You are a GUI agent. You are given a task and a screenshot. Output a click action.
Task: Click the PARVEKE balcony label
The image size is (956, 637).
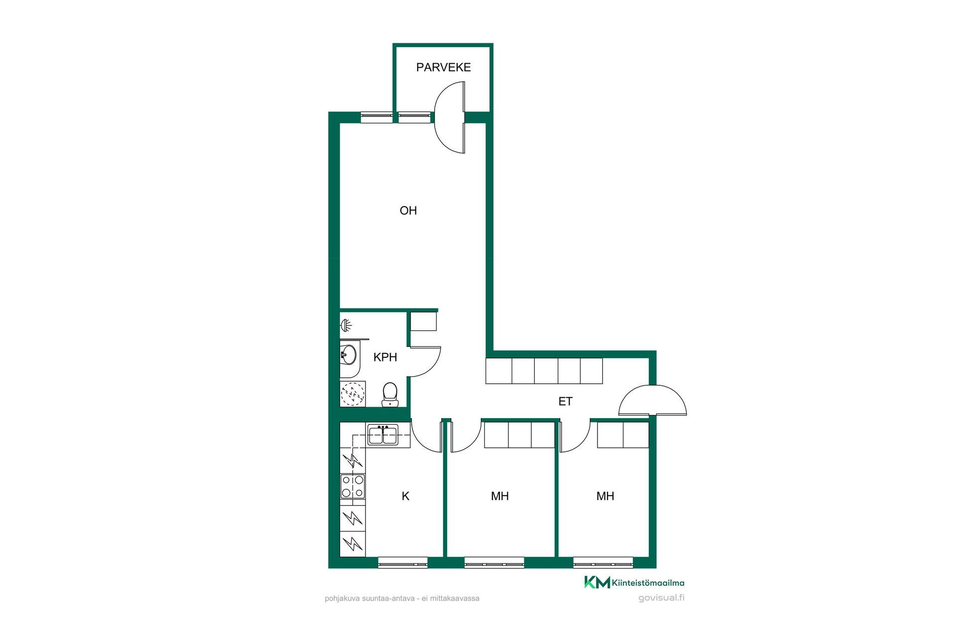click(x=443, y=67)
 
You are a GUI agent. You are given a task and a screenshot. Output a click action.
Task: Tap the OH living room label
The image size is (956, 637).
click(x=408, y=211)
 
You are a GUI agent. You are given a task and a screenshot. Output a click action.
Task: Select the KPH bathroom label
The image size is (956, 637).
click(x=385, y=357)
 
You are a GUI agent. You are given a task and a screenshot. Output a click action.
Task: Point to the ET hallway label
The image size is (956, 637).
click(x=565, y=401)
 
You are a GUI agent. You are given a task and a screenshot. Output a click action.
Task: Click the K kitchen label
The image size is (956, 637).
click(x=405, y=496)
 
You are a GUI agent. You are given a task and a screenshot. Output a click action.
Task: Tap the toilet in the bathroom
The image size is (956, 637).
click(x=390, y=395)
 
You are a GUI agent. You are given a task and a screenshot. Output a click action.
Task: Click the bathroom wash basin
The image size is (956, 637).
click(x=349, y=355)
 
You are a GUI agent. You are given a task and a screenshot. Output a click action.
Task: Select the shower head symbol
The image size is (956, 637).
click(x=346, y=325)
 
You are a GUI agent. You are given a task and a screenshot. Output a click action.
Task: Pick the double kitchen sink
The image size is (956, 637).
click(x=382, y=434)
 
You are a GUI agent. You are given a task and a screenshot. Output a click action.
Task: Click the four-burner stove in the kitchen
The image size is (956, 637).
click(x=353, y=486)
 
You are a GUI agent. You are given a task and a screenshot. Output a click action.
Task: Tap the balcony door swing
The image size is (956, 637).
click(x=450, y=117)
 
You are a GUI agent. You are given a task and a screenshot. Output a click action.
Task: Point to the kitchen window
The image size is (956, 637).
click(x=403, y=562)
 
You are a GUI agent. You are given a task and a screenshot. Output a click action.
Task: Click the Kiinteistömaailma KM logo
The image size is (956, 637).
click(x=634, y=582)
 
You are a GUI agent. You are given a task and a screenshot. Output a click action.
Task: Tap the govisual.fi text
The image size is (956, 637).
click(x=661, y=598)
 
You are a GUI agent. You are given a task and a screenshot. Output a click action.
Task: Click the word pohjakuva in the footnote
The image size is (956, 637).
click(x=341, y=599)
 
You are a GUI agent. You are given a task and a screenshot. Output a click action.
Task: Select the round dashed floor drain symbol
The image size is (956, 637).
click(x=353, y=394)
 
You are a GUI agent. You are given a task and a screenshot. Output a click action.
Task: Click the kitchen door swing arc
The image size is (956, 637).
click(x=427, y=437)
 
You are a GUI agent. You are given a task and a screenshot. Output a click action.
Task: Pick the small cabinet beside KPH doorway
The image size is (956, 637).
click(x=423, y=321)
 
